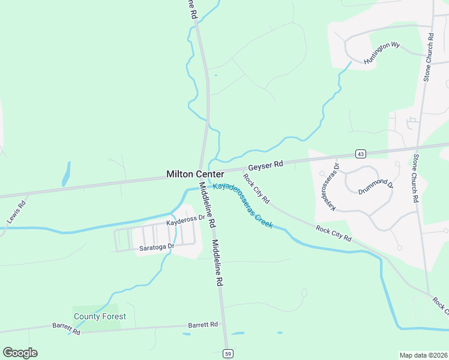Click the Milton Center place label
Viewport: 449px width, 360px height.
click(195, 174)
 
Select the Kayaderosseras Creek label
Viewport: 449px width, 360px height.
click(243, 205)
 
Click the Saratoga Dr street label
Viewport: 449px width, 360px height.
click(157, 247)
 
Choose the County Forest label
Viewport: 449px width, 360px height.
click(100, 316)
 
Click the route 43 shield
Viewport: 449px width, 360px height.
click(360, 154)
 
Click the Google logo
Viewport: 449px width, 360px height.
click(20, 353)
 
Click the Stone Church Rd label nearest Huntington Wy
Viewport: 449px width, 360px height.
click(429, 57)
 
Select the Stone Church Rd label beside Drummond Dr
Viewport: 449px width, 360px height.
click(415, 178)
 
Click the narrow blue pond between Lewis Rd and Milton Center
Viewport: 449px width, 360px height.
click(65, 174)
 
